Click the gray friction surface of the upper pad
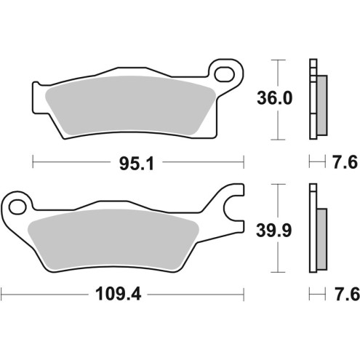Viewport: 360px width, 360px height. (x=127, y=109)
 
